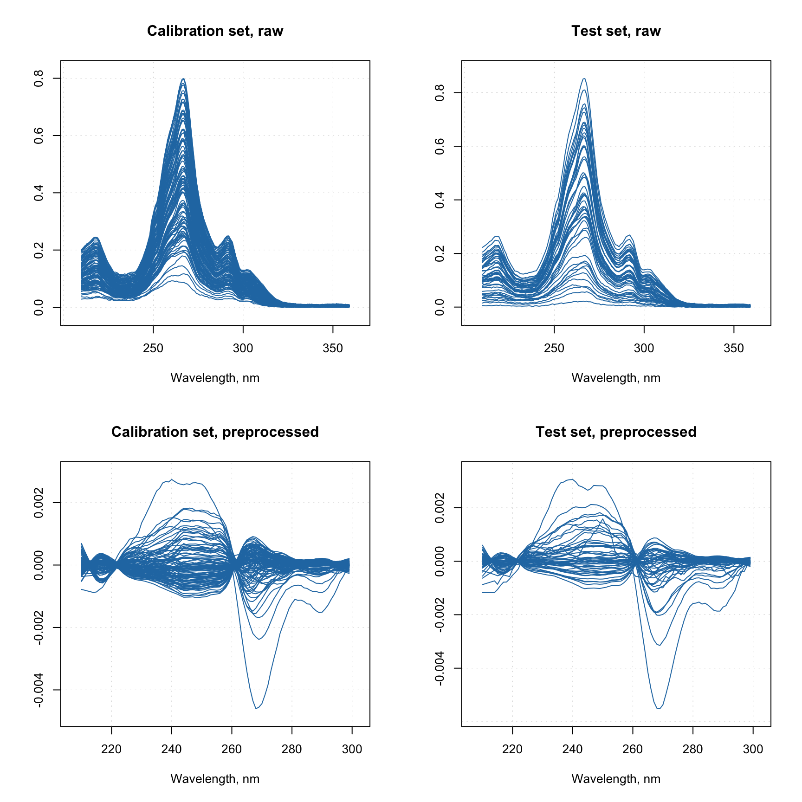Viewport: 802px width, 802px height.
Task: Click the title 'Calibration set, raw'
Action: pos(215,31)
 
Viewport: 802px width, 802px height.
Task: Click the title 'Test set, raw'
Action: pos(616,31)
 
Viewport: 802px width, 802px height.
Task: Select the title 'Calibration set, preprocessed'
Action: pos(215,432)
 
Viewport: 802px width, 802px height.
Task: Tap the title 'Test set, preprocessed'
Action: pos(616,432)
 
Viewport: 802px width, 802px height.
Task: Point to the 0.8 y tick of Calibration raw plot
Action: pos(39,78)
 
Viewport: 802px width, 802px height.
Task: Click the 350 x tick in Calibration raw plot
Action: pos(333,348)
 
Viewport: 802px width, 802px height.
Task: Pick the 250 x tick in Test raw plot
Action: pos(554,348)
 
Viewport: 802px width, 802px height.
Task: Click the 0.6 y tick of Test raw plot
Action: pos(440,147)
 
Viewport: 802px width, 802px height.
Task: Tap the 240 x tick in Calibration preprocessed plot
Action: pos(172,749)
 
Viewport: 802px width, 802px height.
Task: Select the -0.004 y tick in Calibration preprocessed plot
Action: pos(39,690)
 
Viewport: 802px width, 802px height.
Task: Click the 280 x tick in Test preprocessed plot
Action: pos(693,749)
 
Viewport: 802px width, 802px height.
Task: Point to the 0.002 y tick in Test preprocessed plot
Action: pos(440,508)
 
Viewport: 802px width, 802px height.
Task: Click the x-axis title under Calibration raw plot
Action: pos(215,378)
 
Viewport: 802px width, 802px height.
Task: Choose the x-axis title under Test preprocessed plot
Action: pos(616,779)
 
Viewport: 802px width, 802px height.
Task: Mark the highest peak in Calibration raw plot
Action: pos(184,79)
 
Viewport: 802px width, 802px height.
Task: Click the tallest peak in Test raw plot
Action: pos(584,78)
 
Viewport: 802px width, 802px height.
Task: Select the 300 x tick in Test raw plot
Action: pos(644,348)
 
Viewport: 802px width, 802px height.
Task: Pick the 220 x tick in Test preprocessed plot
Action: pos(512,749)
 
